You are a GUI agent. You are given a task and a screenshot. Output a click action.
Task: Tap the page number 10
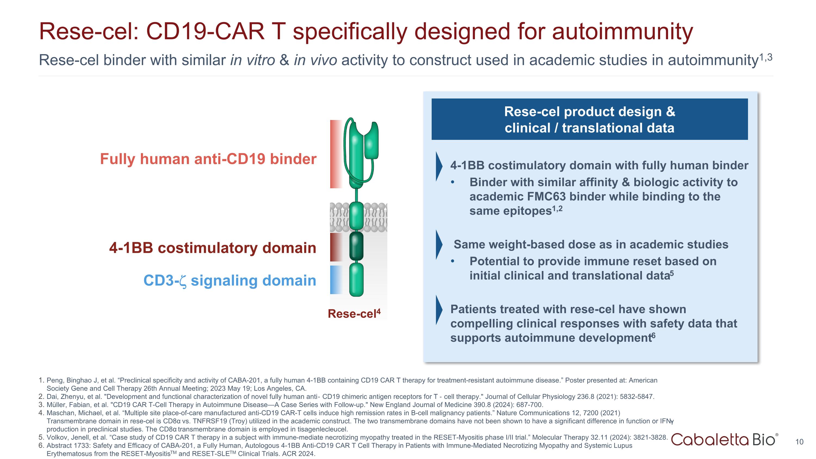coord(799,442)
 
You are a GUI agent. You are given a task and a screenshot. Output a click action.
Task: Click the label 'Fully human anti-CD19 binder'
coord(208,159)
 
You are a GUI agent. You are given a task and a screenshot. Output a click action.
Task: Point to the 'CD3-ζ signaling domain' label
coord(230,281)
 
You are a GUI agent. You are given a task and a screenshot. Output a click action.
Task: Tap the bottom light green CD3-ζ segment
coord(356,280)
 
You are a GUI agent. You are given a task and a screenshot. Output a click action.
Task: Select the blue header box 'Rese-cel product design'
coord(589,119)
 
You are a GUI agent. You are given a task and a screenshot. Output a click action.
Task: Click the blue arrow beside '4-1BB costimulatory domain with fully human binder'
coord(439,166)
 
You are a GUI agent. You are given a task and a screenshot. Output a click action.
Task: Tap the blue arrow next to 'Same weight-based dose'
coord(439,245)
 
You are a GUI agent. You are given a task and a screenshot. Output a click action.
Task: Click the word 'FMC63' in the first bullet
coord(546,197)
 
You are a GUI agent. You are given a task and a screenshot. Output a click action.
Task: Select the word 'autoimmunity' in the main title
coord(622,32)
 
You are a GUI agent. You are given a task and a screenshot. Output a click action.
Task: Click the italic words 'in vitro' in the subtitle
coord(252,60)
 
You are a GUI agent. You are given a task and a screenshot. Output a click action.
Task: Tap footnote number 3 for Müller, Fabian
coord(41,405)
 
